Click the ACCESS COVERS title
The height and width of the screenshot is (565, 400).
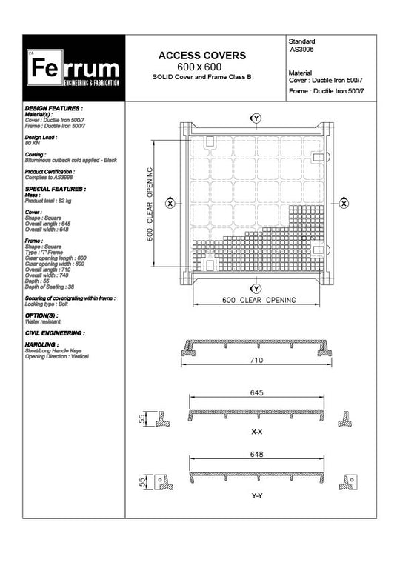pos(202,56)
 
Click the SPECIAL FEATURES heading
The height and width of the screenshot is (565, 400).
pos(55,189)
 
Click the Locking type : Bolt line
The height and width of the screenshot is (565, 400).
pos(47,304)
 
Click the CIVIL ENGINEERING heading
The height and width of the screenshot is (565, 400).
pos(54,333)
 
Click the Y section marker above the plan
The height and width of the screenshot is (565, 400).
pos(256,118)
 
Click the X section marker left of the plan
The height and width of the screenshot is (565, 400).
pos(170,202)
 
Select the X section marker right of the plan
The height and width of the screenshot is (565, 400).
pos(344,202)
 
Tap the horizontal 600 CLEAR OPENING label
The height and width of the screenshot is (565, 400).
pos(259,300)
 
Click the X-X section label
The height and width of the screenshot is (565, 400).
pos(256,430)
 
